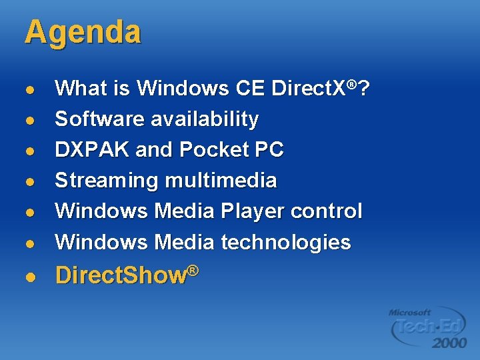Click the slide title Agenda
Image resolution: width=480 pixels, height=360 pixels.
[83, 33]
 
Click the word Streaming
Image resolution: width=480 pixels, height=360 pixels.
[107, 181]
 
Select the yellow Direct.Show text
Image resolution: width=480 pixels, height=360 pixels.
[127, 275]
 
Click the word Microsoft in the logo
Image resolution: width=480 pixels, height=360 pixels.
[410, 311]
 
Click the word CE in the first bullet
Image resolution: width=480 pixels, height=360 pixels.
[251, 88]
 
